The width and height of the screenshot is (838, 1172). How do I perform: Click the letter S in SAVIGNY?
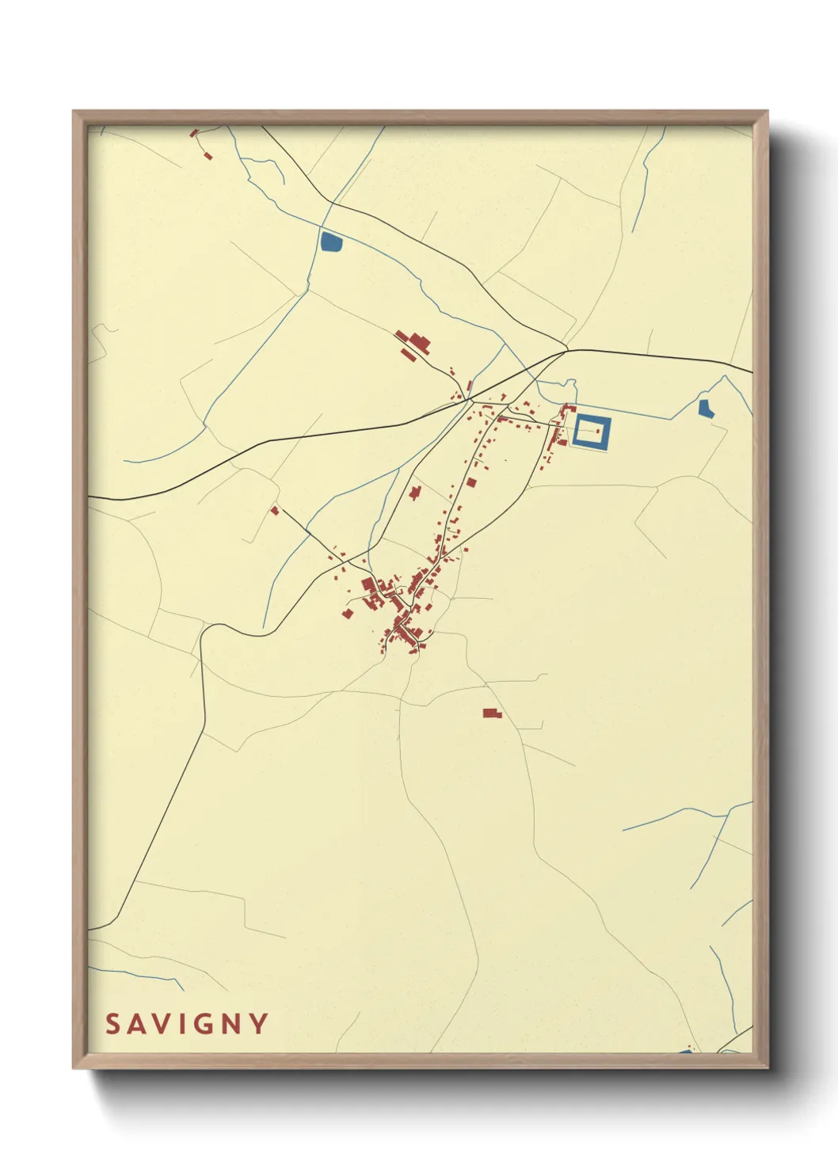(x=112, y=1024)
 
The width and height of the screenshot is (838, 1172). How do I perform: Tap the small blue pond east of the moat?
(x=706, y=409)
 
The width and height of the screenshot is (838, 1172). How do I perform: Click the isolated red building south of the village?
(x=492, y=713)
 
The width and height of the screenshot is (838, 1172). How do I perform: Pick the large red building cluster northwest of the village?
(x=415, y=344)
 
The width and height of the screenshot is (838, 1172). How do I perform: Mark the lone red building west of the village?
(x=275, y=511)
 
